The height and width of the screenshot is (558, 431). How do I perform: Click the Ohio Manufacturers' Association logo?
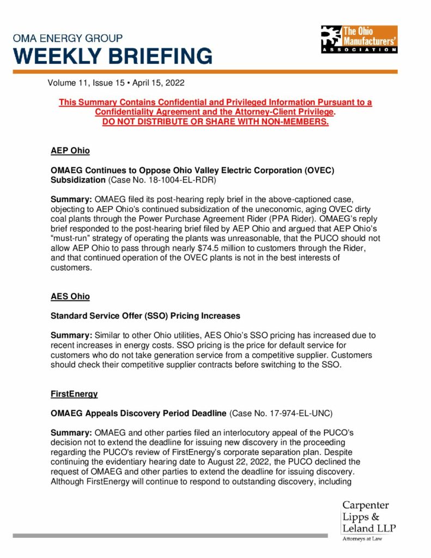359,39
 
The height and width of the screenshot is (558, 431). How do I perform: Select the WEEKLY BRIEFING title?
113,56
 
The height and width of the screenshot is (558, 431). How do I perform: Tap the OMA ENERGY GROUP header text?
68,38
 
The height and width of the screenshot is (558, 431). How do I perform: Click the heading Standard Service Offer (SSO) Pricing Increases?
145,316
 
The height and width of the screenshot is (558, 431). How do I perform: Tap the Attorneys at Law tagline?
362,539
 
